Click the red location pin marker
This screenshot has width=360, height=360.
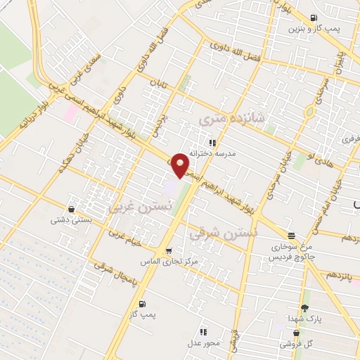pos(181,165)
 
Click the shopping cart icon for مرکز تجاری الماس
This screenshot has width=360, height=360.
pos(167,250)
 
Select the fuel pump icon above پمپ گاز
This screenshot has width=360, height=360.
pos(143,304)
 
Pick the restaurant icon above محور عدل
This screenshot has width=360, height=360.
pos(203,332)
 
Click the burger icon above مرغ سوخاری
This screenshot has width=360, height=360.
pos(291,236)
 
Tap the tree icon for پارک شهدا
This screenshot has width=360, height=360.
pos(304,308)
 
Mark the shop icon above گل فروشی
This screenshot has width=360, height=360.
pos(297,333)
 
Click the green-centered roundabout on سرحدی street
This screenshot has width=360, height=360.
pos(309,111)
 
